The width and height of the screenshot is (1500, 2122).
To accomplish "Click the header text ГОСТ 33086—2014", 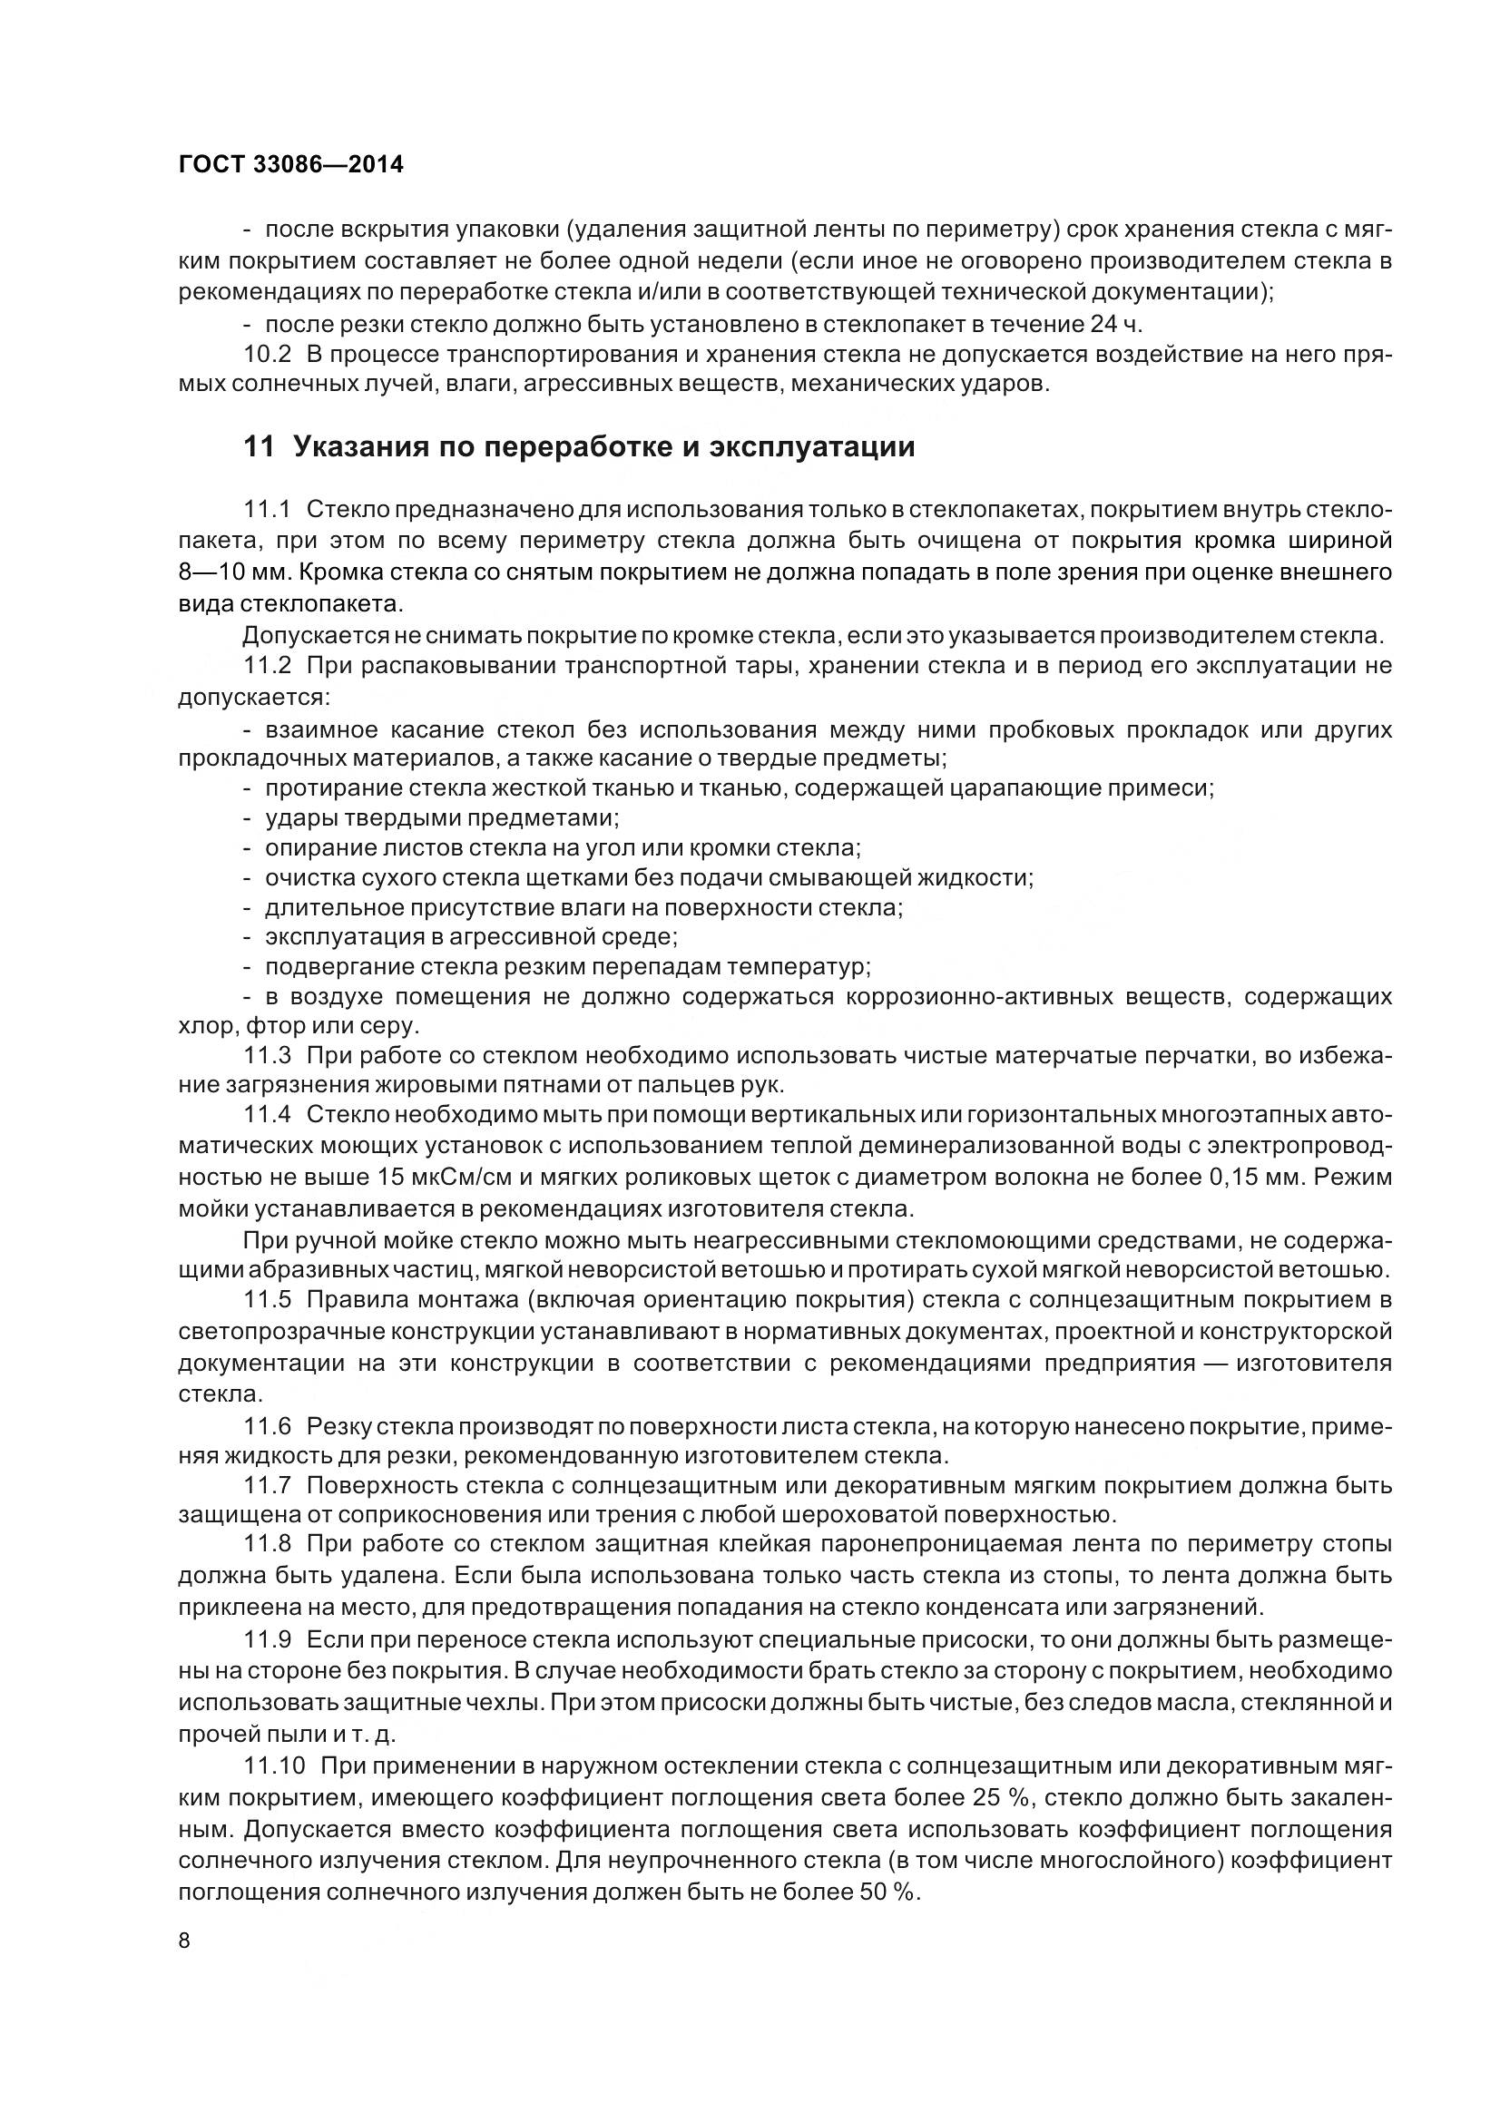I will (291, 165).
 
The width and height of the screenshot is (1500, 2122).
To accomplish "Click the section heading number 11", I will (259, 447).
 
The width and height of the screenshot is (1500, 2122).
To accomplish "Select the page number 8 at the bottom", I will (184, 1941).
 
